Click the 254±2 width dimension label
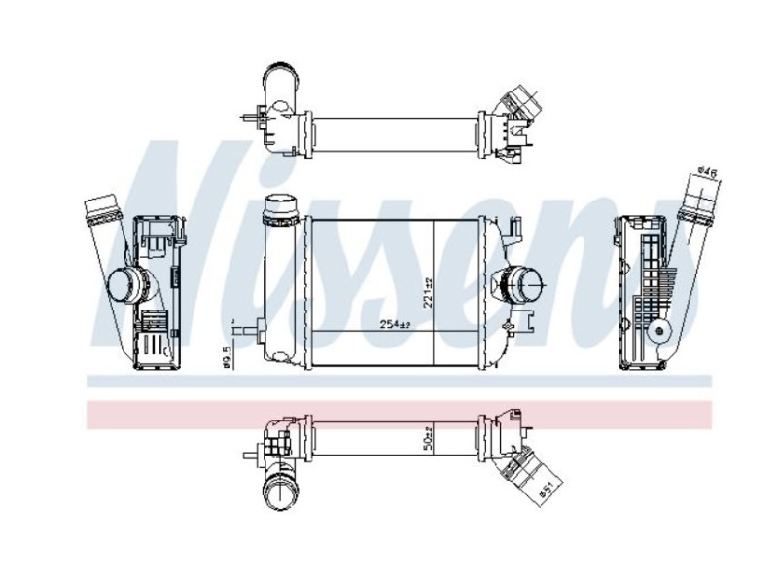click(x=393, y=322)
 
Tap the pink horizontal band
click(x=389, y=414)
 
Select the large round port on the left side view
click(x=124, y=284)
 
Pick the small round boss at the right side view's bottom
click(x=664, y=333)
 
